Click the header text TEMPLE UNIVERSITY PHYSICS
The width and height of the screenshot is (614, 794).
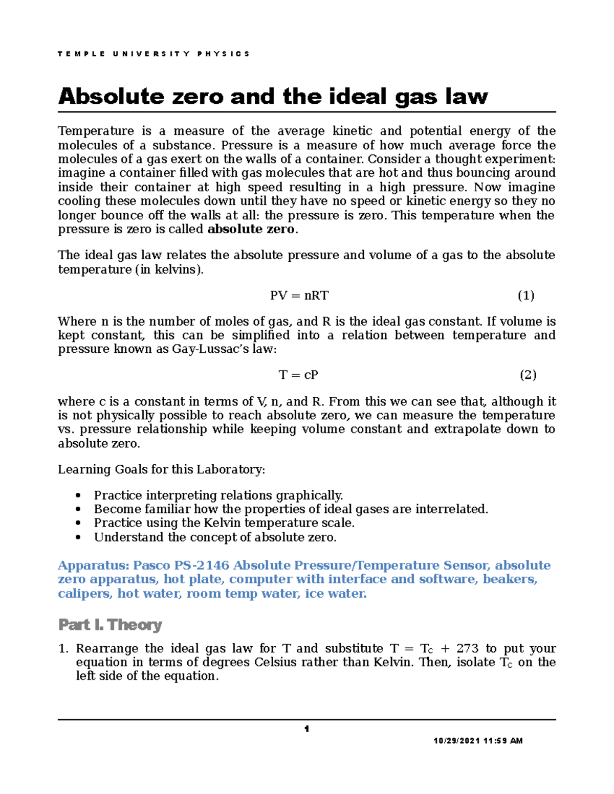[153, 54]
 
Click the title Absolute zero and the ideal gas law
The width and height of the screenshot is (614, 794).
[273, 96]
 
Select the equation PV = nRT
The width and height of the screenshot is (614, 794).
[299, 296]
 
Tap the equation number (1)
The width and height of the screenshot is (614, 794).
[526, 296]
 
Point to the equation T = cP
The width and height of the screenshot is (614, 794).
[298, 375]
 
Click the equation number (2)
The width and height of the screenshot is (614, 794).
[528, 375]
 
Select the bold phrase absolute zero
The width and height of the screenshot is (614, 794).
[251, 230]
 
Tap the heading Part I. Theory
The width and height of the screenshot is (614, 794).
[110, 625]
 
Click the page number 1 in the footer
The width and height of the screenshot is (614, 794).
[306, 729]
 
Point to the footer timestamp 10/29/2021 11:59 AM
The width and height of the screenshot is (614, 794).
[478, 741]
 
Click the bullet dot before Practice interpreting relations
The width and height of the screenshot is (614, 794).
[78, 495]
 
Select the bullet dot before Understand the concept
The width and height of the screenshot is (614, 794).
[78, 537]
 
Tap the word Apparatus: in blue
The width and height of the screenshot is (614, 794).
[93, 565]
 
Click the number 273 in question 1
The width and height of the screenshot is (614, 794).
[467, 649]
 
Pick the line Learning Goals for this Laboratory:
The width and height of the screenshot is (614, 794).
[161, 469]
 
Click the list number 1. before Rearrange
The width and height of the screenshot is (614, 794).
[63, 649]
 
